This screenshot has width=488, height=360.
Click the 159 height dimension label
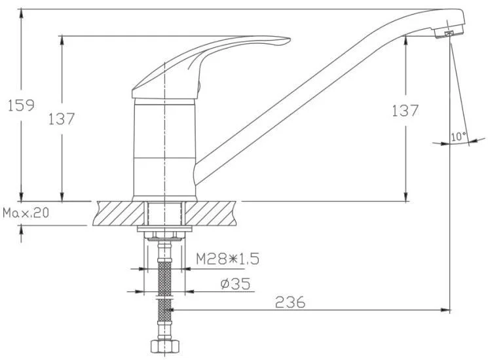[x=21, y=105]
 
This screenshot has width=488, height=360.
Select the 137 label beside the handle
[x=62, y=118]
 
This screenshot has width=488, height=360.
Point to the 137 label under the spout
[x=405, y=111]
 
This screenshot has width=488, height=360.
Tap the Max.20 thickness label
[x=26, y=213]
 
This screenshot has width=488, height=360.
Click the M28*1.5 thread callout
[x=227, y=259]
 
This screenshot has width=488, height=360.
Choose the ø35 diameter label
[x=235, y=283]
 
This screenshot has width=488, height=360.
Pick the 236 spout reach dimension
[x=290, y=302]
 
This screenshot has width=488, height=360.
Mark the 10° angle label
[x=459, y=136]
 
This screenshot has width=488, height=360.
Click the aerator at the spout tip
[x=448, y=32]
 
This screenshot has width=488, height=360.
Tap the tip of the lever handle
[x=289, y=39]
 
